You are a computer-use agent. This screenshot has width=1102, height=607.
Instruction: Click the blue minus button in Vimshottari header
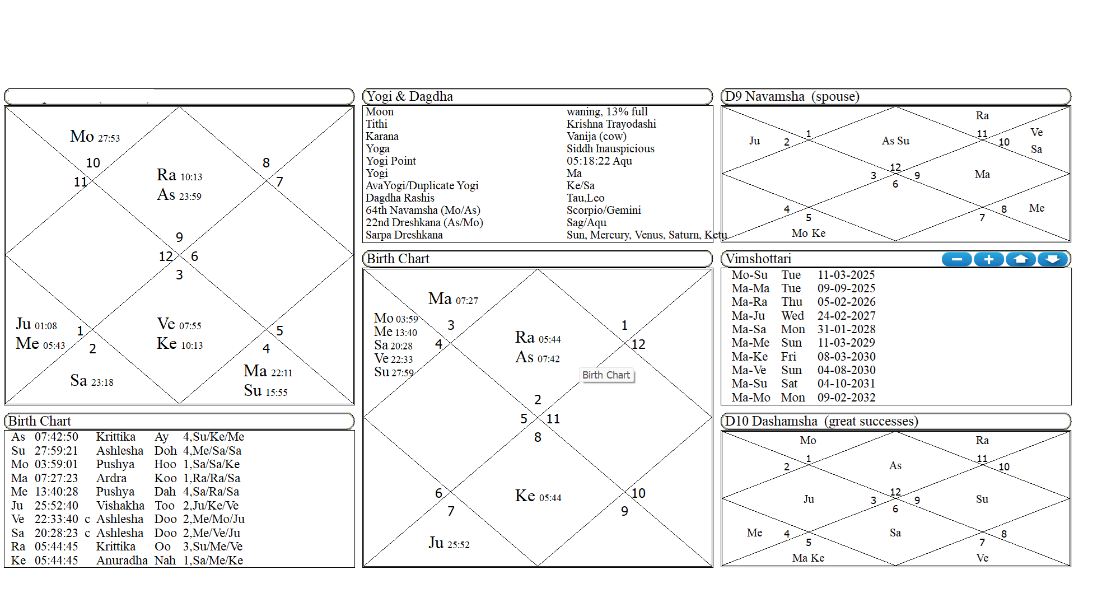point(956,259)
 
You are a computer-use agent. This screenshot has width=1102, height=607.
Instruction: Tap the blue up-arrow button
point(1020,259)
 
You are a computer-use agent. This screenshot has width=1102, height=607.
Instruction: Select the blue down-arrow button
point(1052,259)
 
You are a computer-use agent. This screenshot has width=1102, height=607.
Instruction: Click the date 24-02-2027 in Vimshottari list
point(846,316)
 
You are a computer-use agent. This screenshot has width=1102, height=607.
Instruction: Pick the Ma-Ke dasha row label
point(750,357)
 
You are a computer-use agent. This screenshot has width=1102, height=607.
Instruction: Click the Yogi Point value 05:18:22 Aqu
point(599,161)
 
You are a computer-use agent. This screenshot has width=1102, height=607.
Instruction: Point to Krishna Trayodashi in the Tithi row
point(611,124)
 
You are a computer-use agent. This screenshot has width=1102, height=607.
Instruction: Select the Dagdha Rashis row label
point(400,198)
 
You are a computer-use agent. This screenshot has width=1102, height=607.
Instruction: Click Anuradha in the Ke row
point(122,561)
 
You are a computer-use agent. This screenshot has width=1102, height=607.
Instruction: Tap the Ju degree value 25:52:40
point(56,506)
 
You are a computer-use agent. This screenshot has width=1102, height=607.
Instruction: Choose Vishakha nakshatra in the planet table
point(120,506)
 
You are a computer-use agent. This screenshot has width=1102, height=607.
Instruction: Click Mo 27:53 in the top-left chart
point(95,137)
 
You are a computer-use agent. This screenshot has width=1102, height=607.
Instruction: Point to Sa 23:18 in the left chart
point(92,381)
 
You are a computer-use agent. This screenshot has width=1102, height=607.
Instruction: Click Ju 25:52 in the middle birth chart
point(449,543)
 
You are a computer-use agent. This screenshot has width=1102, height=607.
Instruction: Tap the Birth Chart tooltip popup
point(606,375)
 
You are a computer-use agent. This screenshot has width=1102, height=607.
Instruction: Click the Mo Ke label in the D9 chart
point(808,234)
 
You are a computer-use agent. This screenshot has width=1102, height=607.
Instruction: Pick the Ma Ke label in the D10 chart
point(808,558)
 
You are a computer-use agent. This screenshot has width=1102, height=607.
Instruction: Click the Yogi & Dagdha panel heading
point(409,96)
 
